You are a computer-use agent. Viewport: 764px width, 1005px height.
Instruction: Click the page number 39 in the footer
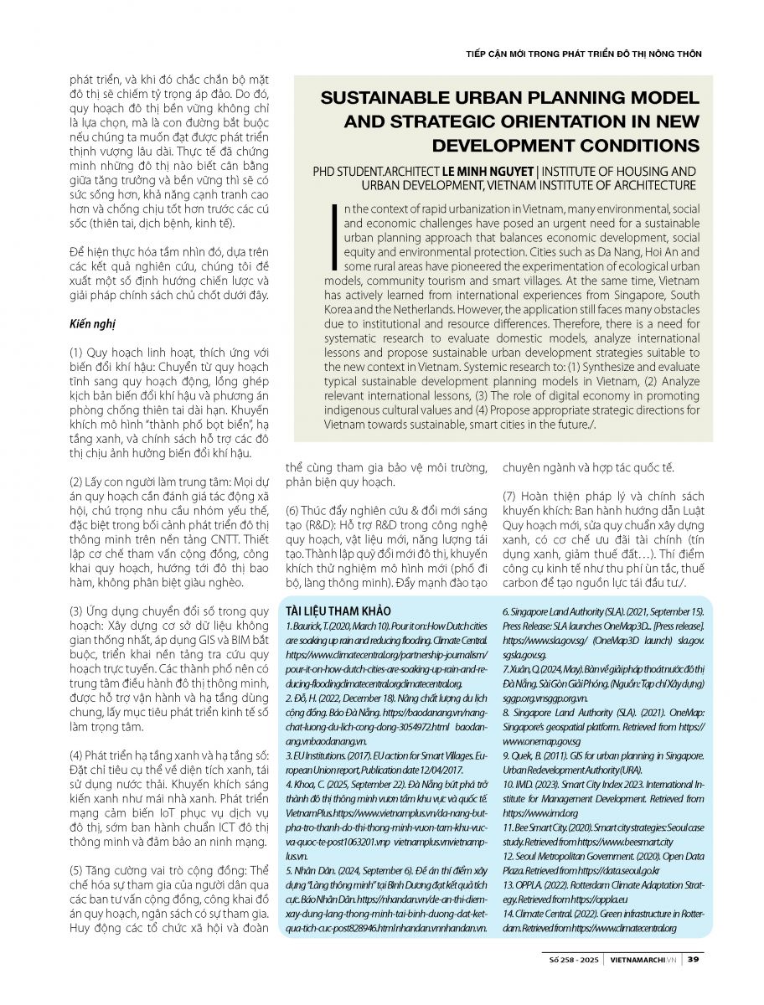point(694,959)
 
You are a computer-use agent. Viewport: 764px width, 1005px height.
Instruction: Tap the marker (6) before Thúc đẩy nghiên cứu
point(294,510)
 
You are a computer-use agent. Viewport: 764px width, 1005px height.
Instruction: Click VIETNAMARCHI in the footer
point(637,959)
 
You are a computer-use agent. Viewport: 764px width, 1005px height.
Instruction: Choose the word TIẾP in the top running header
point(478,54)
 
